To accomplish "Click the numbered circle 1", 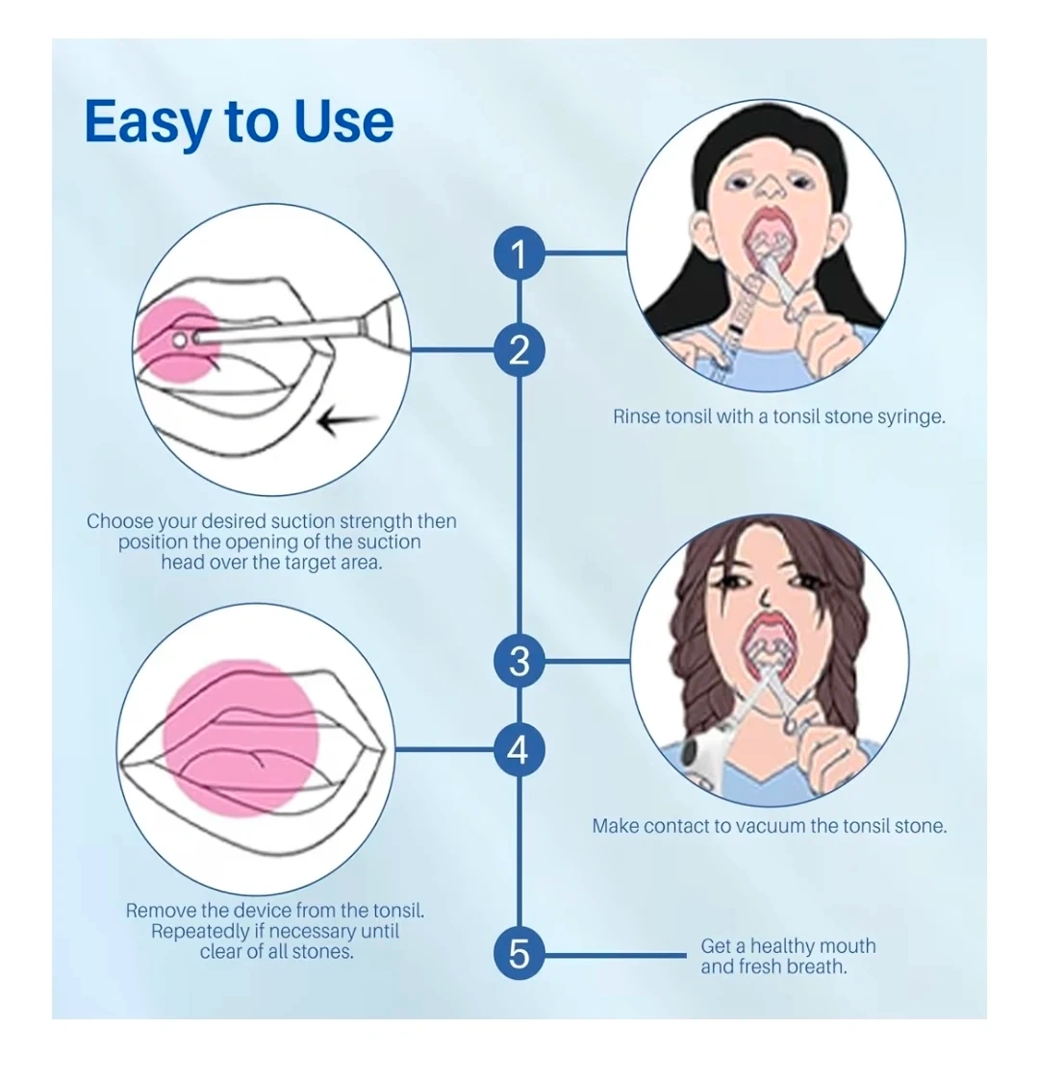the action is (519, 253).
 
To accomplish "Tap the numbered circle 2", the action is (519, 350).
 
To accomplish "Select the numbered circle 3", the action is (519, 662).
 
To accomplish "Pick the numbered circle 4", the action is (519, 749).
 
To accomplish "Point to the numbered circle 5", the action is (519, 954).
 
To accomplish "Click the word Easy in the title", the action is (147, 123).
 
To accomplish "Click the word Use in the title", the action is (343, 122).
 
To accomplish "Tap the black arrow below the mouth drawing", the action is (348, 422).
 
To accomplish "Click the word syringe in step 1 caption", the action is (910, 417).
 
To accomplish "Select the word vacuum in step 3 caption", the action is (775, 826).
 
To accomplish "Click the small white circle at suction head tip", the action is (180, 339).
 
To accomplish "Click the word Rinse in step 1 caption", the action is (637, 416).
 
